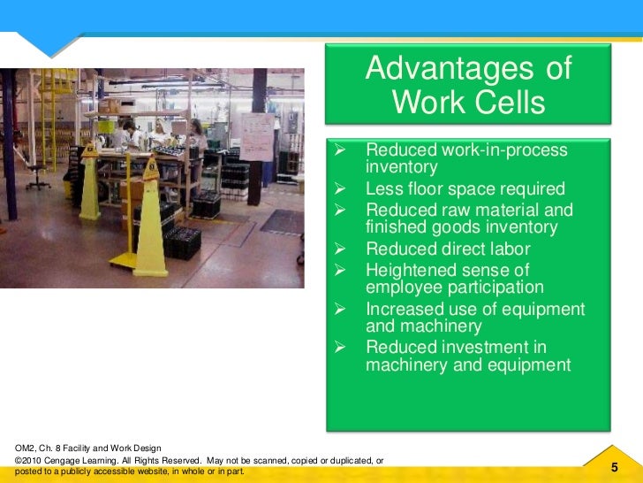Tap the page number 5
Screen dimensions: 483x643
click(x=613, y=467)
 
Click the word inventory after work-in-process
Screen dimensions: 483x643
click(x=402, y=167)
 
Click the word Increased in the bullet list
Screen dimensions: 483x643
click(x=406, y=309)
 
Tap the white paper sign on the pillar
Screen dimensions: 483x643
click(x=257, y=136)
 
